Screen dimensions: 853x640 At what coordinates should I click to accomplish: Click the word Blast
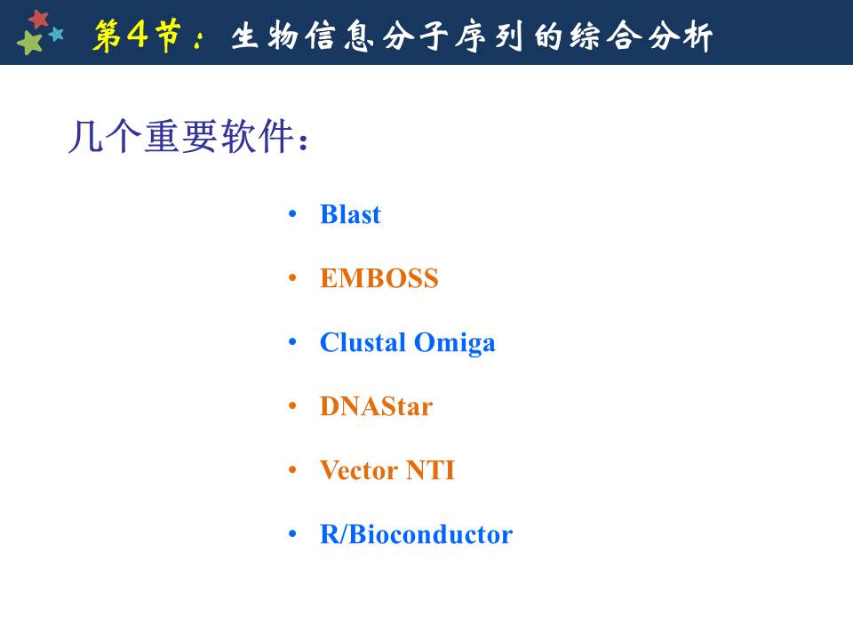[x=350, y=214]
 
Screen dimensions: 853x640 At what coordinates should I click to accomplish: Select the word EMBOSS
[x=379, y=278]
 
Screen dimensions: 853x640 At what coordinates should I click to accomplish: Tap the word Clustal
[x=363, y=342]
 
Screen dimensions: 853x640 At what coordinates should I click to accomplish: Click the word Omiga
[x=455, y=343]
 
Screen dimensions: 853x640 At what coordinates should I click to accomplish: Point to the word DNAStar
[x=377, y=406]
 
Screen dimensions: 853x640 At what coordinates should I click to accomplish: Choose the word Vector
[x=359, y=470]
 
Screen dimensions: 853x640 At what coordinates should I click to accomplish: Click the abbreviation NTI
[x=430, y=470]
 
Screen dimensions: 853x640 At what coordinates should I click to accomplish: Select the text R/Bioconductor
[x=416, y=534]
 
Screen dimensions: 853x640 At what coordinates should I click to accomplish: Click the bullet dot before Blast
[x=292, y=214]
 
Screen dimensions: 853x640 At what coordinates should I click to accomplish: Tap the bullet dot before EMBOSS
[x=292, y=278]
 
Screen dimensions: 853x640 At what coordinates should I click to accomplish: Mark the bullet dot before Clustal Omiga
[x=292, y=342]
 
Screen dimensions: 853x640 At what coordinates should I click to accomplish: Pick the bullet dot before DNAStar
[x=292, y=406]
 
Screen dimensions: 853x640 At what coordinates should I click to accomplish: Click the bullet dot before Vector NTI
[x=292, y=470]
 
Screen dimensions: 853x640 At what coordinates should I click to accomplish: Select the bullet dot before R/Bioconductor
[x=292, y=534]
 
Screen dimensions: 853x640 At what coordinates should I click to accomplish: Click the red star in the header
[x=38, y=19]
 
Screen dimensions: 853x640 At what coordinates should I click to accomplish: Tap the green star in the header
[x=30, y=43]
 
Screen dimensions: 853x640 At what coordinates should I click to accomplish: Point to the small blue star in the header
[x=56, y=35]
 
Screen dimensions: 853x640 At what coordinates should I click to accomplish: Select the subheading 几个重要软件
[x=188, y=136]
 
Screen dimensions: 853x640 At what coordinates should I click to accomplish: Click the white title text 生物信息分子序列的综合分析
[x=472, y=36]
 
